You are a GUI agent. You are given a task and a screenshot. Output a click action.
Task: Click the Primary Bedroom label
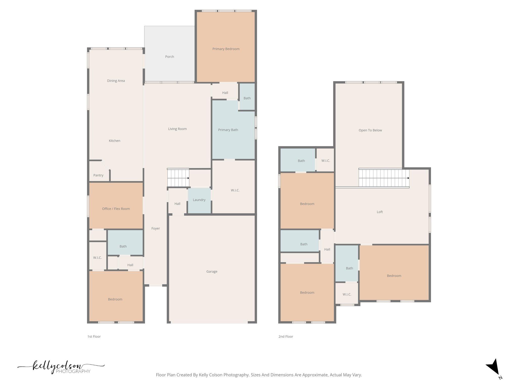pos(226,49)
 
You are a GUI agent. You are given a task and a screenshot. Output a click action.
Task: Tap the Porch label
pos(169,57)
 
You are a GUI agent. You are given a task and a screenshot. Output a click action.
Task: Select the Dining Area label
pos(116,81)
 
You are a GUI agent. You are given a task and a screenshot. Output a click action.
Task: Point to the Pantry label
pos(98,175)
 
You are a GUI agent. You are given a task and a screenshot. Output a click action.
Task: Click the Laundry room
pos(199,200)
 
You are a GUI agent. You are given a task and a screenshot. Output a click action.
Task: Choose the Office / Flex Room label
pos(116,209)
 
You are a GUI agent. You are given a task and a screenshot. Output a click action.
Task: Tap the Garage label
pos(212,272)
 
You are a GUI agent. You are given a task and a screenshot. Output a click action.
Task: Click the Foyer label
pos(156,228)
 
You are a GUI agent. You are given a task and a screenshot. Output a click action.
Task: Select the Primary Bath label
pos(228,130)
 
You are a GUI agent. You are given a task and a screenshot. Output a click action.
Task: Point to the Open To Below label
pos(370,130)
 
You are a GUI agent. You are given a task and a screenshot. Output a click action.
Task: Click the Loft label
pos(380,212)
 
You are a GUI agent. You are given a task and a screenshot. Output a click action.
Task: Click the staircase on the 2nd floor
pos(384,178)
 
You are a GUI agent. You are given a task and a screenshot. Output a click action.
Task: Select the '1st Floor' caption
pos(94,336)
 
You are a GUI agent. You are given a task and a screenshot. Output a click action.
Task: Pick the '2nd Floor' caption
pos(286,336)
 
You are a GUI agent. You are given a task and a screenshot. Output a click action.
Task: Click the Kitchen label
pos(115,141)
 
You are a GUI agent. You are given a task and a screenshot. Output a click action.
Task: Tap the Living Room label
pos(177,129)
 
